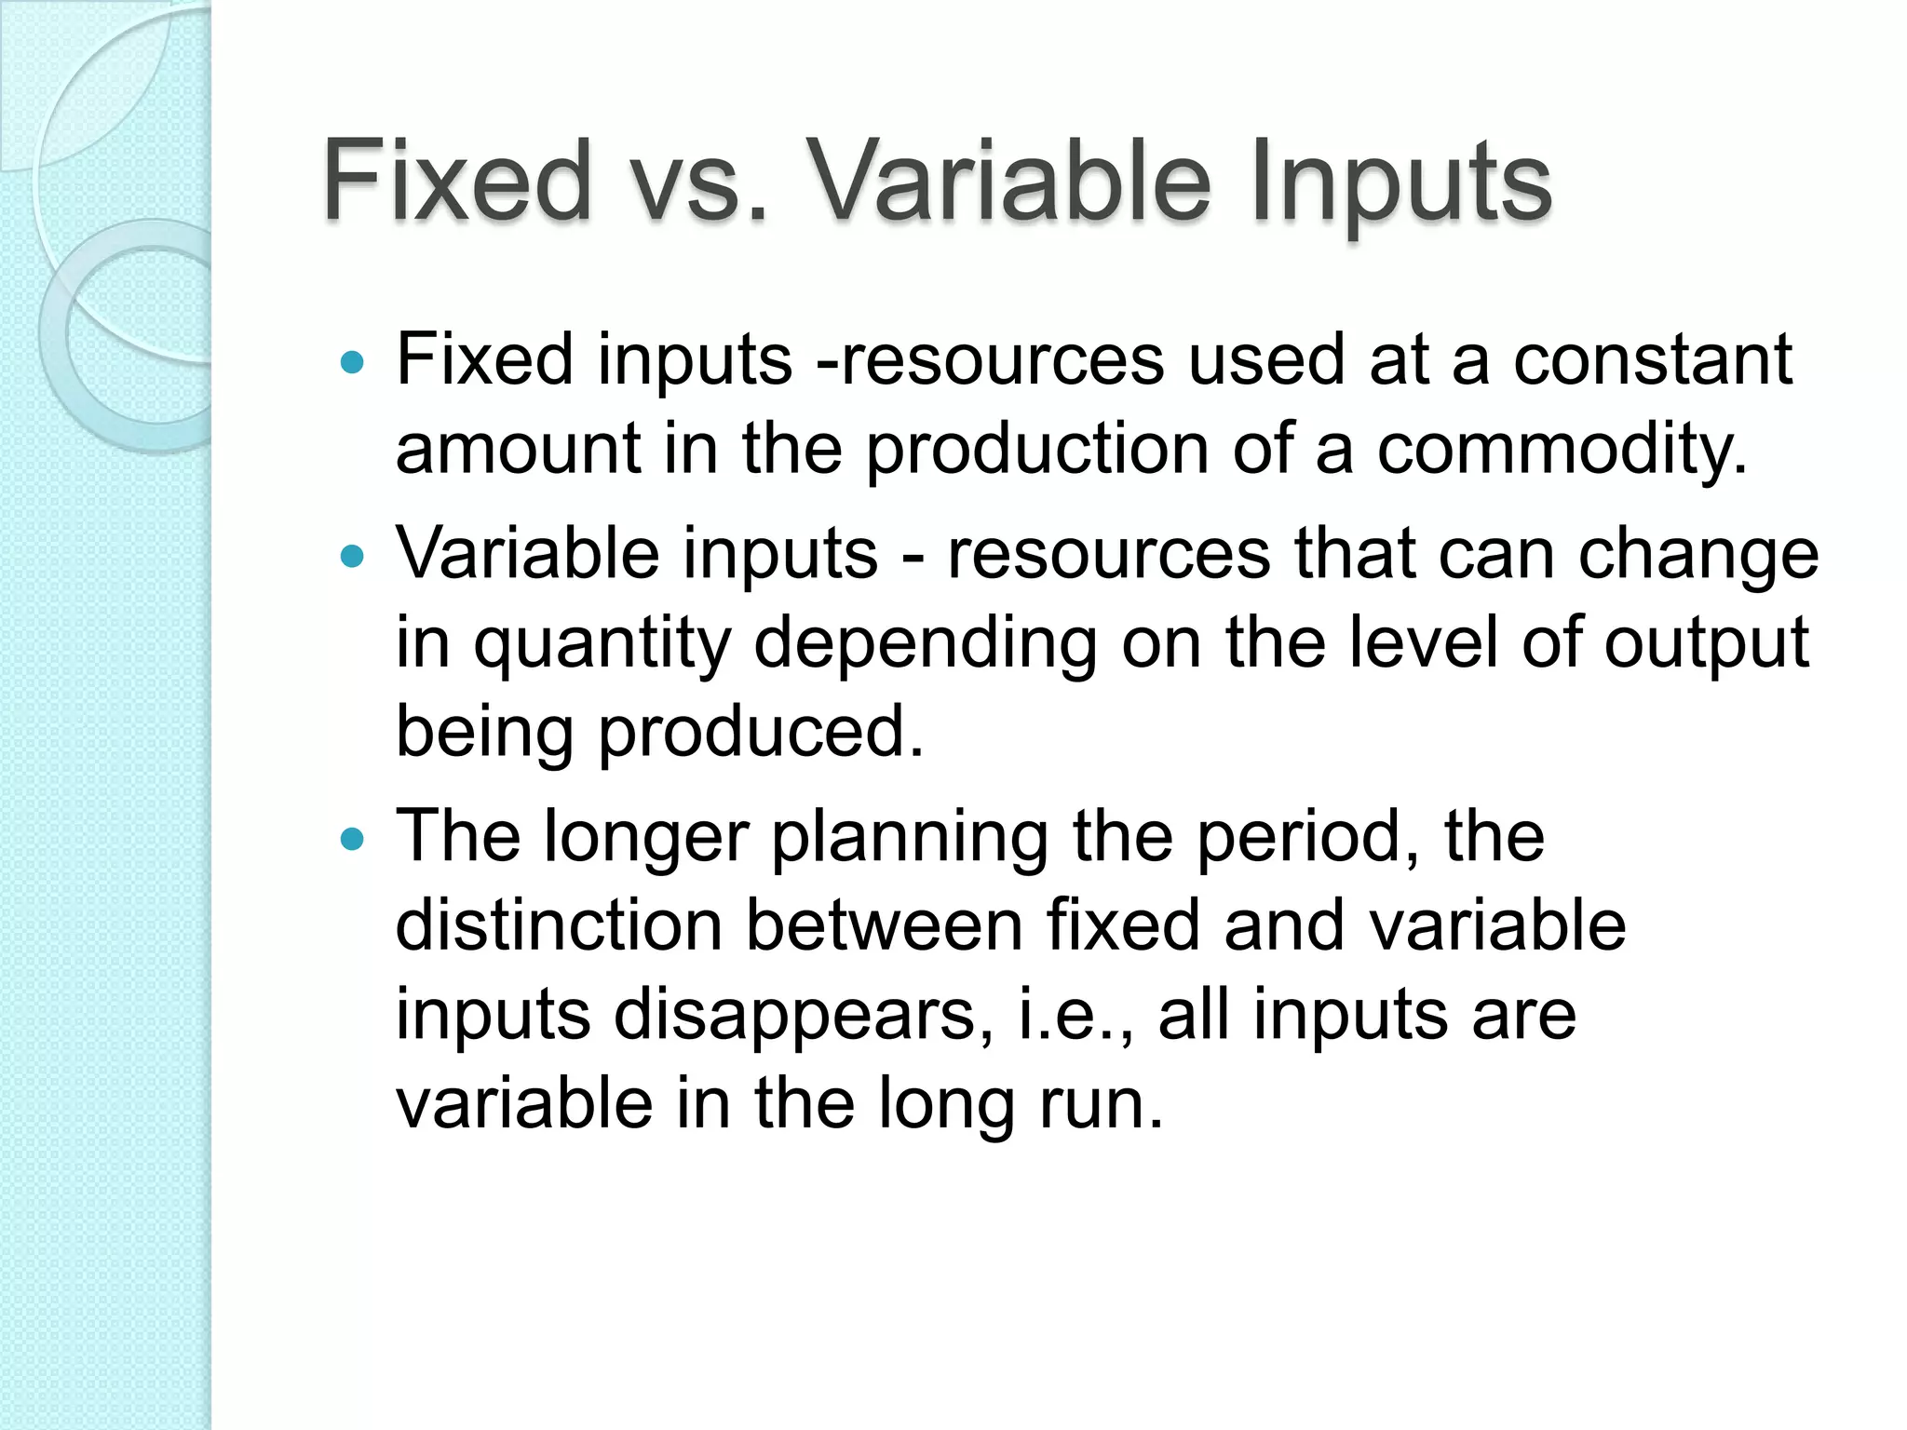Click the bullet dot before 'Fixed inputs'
pyautogui.click(x=352, y=362)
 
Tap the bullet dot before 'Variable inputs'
pyautogui.click(x=352, y=557)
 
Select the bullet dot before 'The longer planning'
pyautogui.click(x=352, y=840)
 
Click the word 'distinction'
pyautogui.click(x=559, y=925)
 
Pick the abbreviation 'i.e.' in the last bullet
pyautogui.click(x=1071, y=1015)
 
